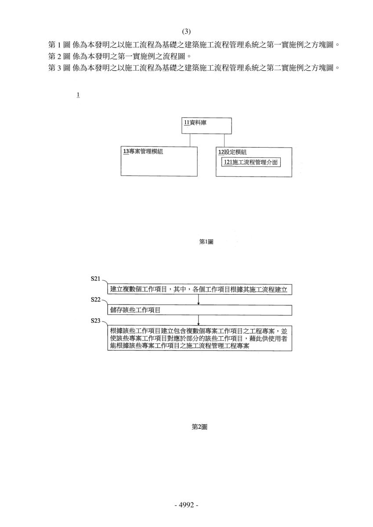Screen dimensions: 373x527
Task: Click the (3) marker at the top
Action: tap(186, 31)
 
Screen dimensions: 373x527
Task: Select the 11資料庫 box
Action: tap(206, 126)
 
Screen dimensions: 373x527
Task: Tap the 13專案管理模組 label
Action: tap(143, 152)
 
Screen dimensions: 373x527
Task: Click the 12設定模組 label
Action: tap(232, 152)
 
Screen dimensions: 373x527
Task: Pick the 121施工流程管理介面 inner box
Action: tap(251, 162)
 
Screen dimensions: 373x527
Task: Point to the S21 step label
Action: tap(95, 278)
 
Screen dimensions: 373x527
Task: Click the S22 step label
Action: tap(95, 300)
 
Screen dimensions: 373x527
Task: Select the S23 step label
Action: tap(95, 321)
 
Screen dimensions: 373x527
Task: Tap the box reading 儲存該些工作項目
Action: tap(199, 310)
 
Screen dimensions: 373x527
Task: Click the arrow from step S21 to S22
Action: tap(199, 300)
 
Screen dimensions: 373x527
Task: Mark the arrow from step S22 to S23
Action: tap(199, 321)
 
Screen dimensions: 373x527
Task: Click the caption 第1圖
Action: tap(206, 242)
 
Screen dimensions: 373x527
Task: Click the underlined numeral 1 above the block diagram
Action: tap(78, 95)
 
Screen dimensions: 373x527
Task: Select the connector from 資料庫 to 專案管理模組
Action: tap(190, 141)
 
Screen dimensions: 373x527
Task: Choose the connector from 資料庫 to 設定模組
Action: tap(224, 141)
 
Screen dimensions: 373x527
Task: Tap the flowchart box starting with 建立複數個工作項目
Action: tap(199, 289)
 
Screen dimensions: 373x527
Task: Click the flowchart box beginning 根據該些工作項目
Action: tap(199, 338)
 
